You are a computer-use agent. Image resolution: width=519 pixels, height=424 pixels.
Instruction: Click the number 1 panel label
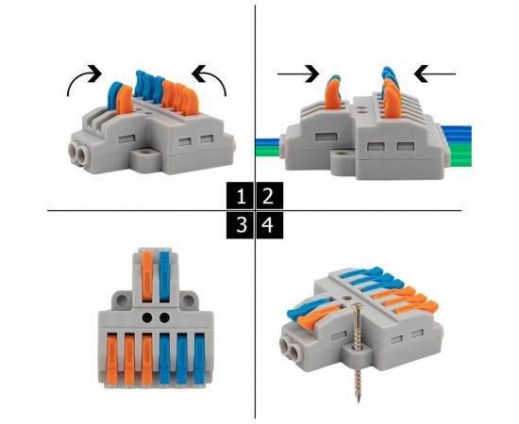point(241,195)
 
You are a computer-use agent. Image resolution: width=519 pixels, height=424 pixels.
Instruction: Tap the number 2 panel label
point(270,195)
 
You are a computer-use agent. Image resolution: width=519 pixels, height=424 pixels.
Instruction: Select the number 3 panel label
point(241,225)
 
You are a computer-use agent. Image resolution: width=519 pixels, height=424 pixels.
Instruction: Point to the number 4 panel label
point(270,225)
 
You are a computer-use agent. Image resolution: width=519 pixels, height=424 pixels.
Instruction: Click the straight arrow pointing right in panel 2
point(298,74)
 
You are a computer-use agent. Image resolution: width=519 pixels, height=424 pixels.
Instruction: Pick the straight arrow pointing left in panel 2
point(435,73)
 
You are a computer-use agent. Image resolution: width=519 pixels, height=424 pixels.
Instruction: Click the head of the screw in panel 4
point(357,306)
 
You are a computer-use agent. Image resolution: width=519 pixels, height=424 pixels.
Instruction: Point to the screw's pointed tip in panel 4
point(359,401)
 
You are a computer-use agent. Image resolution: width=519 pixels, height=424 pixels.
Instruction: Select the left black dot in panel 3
point(147,318)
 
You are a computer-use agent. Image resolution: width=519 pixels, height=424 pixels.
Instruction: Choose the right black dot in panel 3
point(164,318)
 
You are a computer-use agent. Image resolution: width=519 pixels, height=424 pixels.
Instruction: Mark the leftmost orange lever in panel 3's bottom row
point(112,359)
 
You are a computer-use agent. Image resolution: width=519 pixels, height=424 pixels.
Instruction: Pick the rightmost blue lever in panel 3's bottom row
point(200,359)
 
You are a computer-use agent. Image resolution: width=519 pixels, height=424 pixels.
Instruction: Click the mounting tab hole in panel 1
point(143,154)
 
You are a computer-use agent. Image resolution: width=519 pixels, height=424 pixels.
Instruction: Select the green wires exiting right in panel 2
point(460,154)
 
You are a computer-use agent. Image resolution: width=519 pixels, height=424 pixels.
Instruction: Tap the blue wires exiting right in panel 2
point(459,134)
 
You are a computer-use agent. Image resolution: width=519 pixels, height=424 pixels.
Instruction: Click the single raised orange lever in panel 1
point(125,99)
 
